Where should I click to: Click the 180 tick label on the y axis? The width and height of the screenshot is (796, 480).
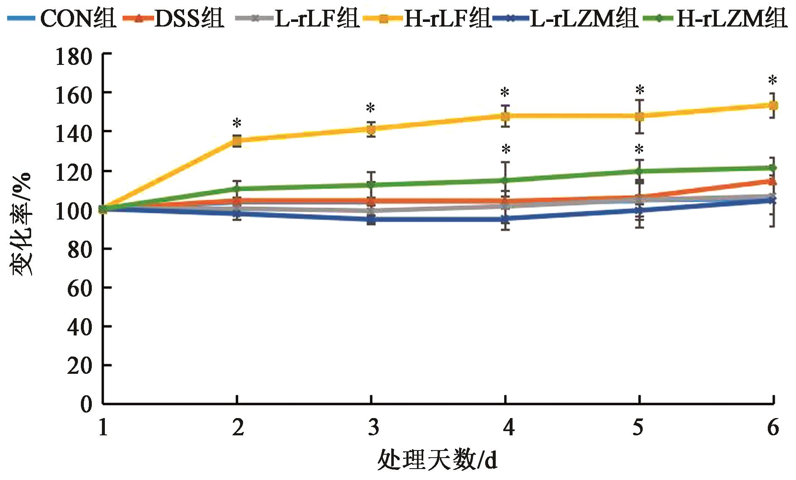[x=74, y=56]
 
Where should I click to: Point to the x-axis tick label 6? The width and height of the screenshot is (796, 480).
[x=773, y=428]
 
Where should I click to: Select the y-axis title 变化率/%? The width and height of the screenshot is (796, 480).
[x=21, y=223]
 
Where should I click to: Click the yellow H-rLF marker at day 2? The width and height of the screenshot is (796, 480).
[x=237, y=141]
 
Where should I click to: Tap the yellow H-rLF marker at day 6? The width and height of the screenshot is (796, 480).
[x=773, y=105]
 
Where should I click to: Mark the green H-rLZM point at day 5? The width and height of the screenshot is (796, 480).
[x=639, y=171]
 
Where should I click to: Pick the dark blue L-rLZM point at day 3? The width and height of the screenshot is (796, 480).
[x=371, y=220]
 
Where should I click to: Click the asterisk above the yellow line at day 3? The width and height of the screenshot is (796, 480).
[x=371, y=108]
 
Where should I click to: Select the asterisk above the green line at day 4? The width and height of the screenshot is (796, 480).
[x=506, y=149]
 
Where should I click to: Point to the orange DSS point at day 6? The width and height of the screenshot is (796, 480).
[x=773, y=182]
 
